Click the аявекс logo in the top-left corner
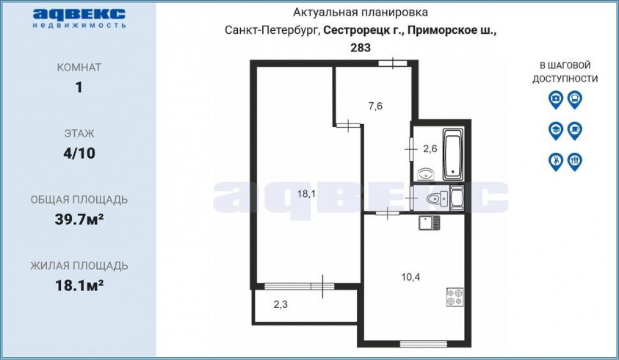79,18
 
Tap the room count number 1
79,87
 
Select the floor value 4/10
79,154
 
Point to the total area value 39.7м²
79,219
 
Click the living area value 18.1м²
79,285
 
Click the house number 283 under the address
361,48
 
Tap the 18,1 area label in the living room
306,194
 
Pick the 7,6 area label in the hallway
375,106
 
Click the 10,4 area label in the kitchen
410,277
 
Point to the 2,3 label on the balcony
280,304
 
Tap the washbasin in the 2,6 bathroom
426,173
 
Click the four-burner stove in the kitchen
455,297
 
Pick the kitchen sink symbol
429,223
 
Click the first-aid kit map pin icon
556,100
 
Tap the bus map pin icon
575,100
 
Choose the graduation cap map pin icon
556,130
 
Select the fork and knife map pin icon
575,162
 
